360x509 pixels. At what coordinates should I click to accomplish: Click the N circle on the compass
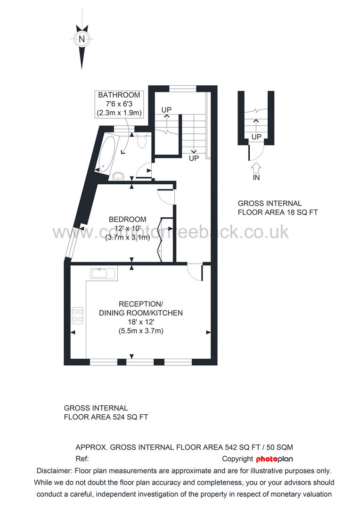pyautogui.click(x=82, y=39)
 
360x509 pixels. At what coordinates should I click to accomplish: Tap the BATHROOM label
pyautogui.click(x=119, y=95)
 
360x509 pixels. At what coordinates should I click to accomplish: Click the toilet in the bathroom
pyautogui.click(x=143, y=140)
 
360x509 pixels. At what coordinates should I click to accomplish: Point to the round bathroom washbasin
pyautogui.click(x=119, y=176)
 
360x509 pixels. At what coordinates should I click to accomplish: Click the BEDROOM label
pyautogui.click(x=127, y=219)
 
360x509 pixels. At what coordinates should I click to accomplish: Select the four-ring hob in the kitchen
pyautogui.click(x=78, y=315)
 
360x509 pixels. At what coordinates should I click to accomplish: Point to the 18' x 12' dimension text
pyautogui.click(x=140, y=322)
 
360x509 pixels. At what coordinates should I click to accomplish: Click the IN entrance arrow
pyautogui.click(x=256, y=167)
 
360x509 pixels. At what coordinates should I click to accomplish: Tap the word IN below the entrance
pyautogui.click(x=256, y=178)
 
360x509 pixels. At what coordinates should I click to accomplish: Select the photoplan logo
pyautogui.click(x=275, y=459)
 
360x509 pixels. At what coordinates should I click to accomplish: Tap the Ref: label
pyautogui.click(x=82, y=459)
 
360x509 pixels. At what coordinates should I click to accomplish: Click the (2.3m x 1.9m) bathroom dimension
pyautogui.click(x=119, y=113)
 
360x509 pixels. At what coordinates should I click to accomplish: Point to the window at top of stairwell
pyautogui.click(x=183, y=88)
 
